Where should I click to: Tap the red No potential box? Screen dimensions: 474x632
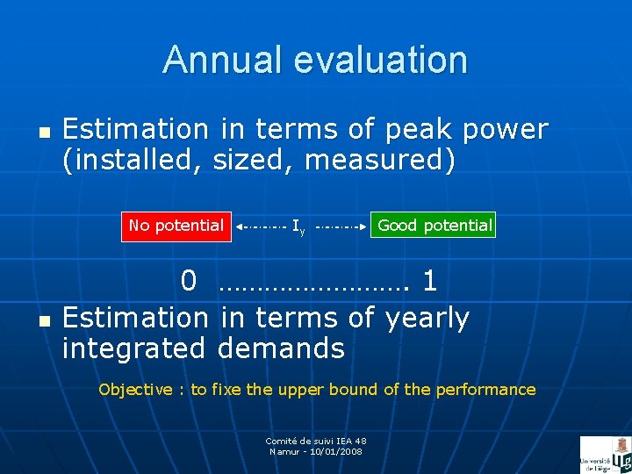pyautogui.click(x=176, y=226)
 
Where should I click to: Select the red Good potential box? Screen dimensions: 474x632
pyautogui.click(x=434, y=226)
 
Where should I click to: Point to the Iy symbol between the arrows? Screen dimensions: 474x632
pyautogui.click(x=298, y=227)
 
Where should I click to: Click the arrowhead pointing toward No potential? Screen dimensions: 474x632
pyautogui.click(x=241, y=226)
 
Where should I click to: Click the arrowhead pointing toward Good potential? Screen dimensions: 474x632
pyautogui.click(x=363, y=226)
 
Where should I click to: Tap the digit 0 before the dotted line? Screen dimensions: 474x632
pyautogui.click(x=189, y=282)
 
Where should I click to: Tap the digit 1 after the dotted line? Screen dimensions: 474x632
pyautogui.click(x=429, y=282)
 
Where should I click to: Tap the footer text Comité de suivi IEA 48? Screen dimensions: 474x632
pyautogui.click(x=316, y=441)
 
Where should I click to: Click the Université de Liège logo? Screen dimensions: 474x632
pyautogui.click(x=605, y=455)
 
